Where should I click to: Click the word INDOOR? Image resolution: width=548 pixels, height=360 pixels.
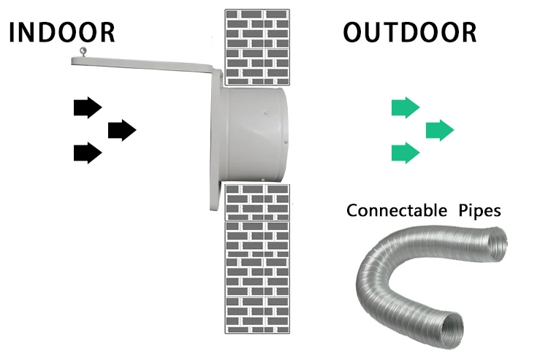click(63, 33)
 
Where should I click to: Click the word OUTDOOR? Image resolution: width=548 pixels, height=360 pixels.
click(410, 33)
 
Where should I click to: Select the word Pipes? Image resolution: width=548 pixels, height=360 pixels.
click(479, 211)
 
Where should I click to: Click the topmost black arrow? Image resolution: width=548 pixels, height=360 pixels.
click(87, 107)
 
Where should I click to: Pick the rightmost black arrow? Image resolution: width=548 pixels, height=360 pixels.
click(121, 130)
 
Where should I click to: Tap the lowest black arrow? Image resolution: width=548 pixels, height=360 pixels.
click(87, 153)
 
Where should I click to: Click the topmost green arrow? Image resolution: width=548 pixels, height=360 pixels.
click(406, 107)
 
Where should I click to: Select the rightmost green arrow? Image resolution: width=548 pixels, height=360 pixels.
click(440, 130)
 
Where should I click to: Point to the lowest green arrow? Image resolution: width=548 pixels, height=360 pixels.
click(406, 153)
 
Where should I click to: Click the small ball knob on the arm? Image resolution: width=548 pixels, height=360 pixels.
click(84, 51)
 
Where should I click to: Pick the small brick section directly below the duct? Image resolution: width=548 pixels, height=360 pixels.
click(256, 202)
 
